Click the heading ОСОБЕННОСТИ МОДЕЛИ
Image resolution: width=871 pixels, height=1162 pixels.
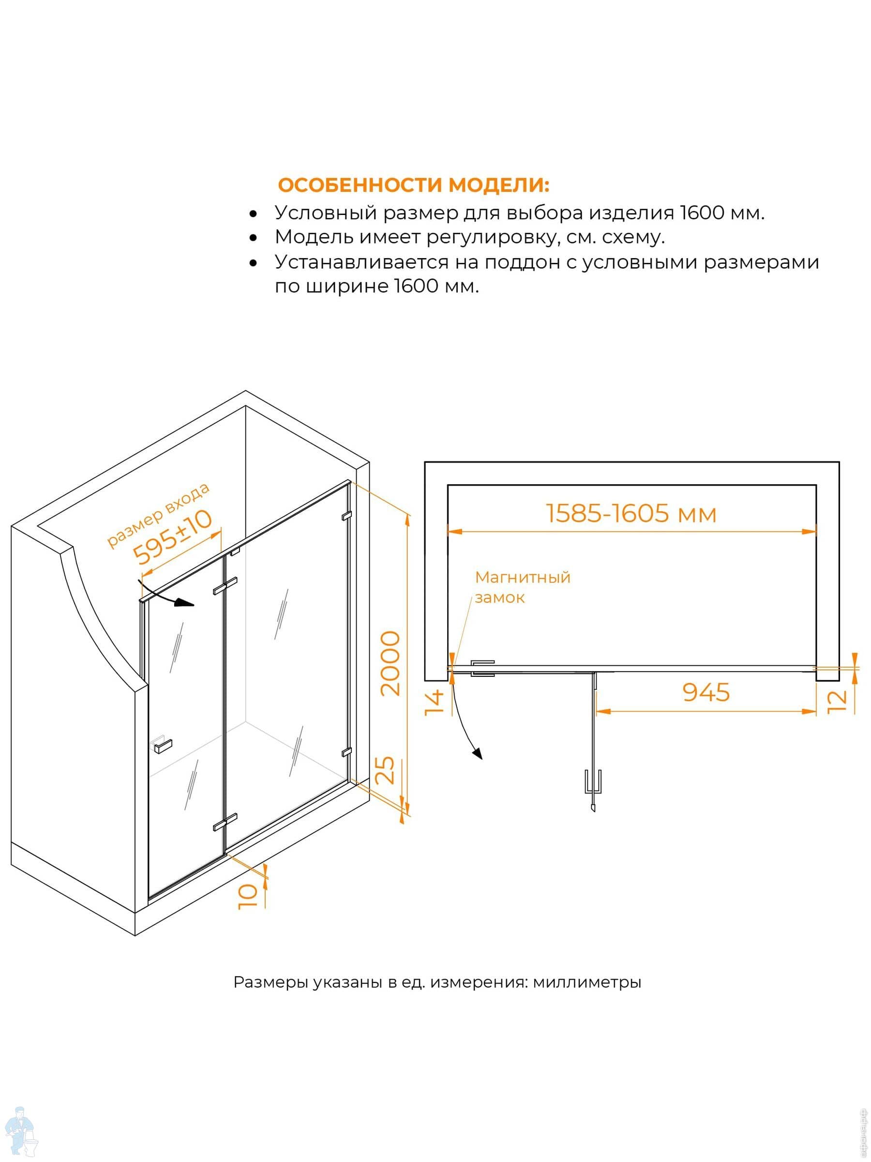[413, 185]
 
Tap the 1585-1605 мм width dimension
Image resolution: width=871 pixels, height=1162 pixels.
[631, 513]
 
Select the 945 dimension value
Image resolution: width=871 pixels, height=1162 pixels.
[706, 692]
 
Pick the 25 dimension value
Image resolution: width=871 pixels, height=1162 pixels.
[388, 770]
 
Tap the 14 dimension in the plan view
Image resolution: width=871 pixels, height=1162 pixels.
[434, 703]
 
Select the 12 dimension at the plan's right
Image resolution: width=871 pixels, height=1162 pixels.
[837, 701]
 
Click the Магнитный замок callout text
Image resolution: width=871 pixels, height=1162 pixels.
[523, 587]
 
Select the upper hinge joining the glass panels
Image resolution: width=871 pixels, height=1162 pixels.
[225, 586]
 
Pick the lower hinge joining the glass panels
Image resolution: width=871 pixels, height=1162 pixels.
[225, 822]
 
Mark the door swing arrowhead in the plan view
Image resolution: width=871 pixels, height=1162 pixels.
[477, 754]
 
